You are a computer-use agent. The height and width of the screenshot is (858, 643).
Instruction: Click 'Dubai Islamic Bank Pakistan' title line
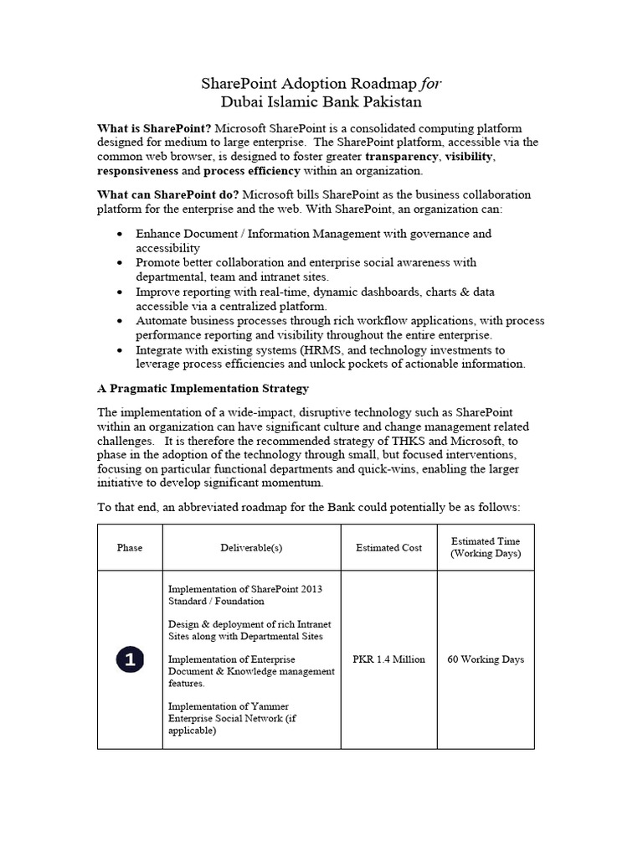coord(321,102)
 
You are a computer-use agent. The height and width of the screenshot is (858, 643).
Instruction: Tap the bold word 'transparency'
coord(401,156)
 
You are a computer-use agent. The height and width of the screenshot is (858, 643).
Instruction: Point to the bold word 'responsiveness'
coord(138,170)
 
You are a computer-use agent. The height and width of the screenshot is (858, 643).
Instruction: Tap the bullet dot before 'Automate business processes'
coord(122,321)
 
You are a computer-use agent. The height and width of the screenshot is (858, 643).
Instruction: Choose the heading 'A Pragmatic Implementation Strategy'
coord(203,389)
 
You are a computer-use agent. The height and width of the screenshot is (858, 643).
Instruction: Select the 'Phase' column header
coord(130,548)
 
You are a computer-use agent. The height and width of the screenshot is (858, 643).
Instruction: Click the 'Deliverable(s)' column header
coord(251,548)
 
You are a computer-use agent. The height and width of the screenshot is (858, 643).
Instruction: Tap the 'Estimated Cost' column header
coord(388,548)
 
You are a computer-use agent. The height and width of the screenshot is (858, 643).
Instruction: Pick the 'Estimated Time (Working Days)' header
coord(486,548)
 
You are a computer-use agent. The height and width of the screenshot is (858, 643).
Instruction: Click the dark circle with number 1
coord(130,659)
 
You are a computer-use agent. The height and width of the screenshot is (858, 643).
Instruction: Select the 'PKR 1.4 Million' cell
coord(388,659)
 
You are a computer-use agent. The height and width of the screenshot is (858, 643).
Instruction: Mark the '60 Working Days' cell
coord(486,659)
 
